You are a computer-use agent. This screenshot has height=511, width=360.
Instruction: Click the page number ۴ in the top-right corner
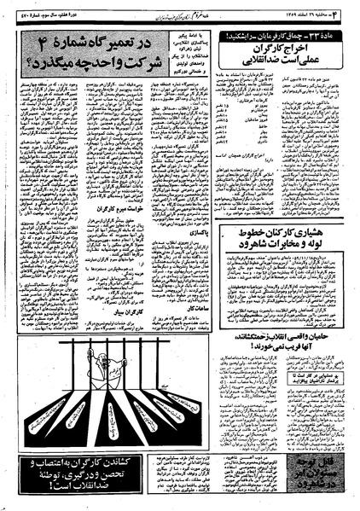click(351, 10)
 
